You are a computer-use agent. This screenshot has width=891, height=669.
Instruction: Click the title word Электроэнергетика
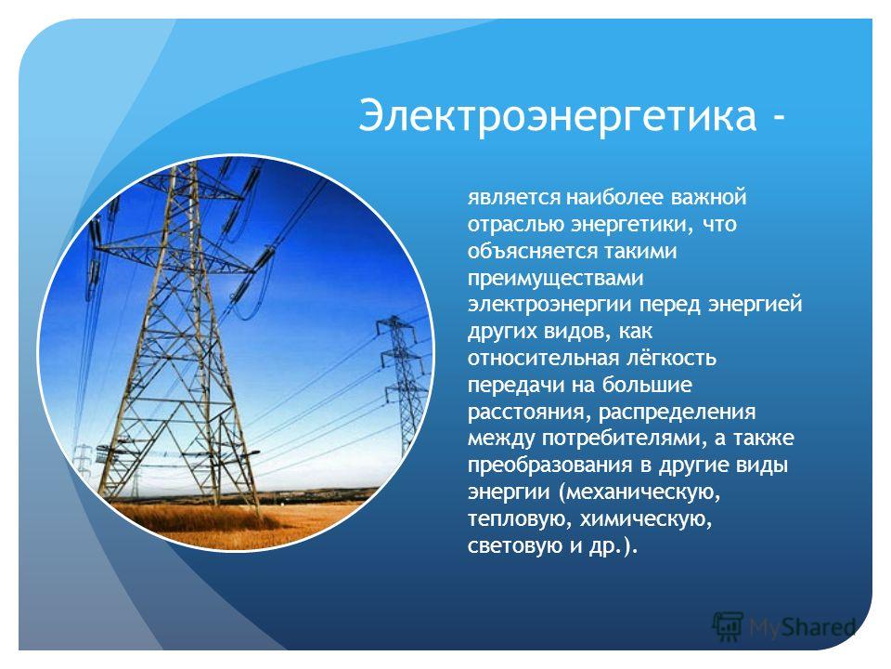coord(558,116)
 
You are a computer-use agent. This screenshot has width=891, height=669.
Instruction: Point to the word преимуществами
coord(556,279)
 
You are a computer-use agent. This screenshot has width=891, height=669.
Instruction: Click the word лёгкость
coord(671,358)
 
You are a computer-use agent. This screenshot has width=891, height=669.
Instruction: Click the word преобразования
coord(549,466)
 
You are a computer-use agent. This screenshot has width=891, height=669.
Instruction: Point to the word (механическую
coord(639,492)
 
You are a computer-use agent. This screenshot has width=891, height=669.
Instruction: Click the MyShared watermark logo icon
coord(728,627)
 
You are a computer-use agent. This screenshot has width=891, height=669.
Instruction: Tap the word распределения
coord(678,412)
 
